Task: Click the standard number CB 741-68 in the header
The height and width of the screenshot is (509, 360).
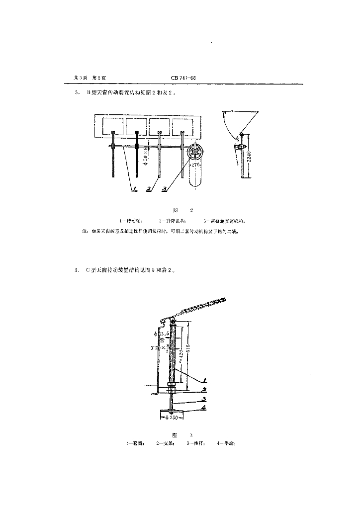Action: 183,78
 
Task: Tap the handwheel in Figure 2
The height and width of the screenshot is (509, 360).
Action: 196,153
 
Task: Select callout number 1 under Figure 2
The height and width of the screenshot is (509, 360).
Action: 134,189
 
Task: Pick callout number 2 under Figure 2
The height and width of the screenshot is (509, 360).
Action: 149,189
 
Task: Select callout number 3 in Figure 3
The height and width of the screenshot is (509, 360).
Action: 204,399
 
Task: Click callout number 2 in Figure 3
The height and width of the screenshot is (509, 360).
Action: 204,390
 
